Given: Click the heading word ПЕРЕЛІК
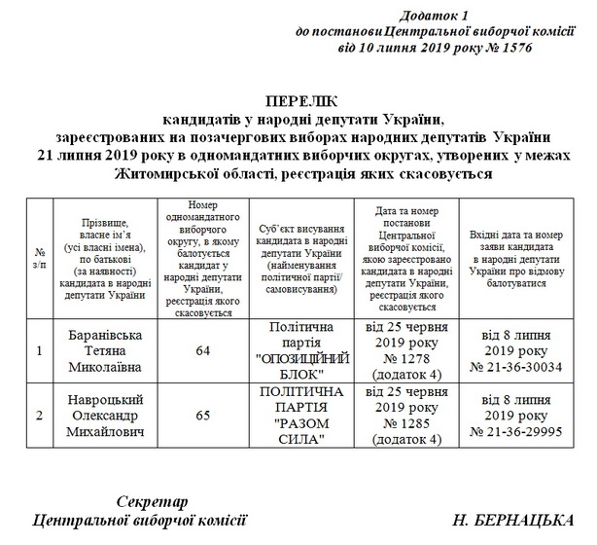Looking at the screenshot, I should tap(298, 101).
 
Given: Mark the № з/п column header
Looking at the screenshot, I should tap(38, 258).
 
